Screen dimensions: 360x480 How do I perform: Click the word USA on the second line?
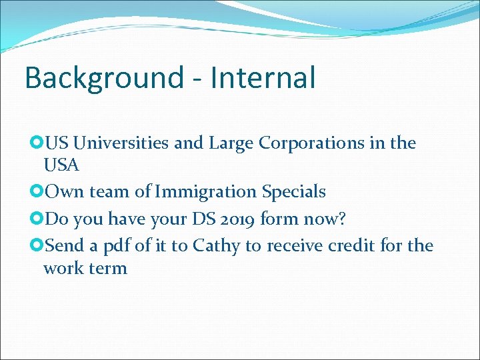tap(61, 163)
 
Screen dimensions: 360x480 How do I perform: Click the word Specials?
tap(294, 192)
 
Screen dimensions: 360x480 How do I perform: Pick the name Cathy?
tap(216, 246)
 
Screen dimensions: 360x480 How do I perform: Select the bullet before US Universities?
tap(37, 143)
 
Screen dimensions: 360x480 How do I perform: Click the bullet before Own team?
tap(37, 192)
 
